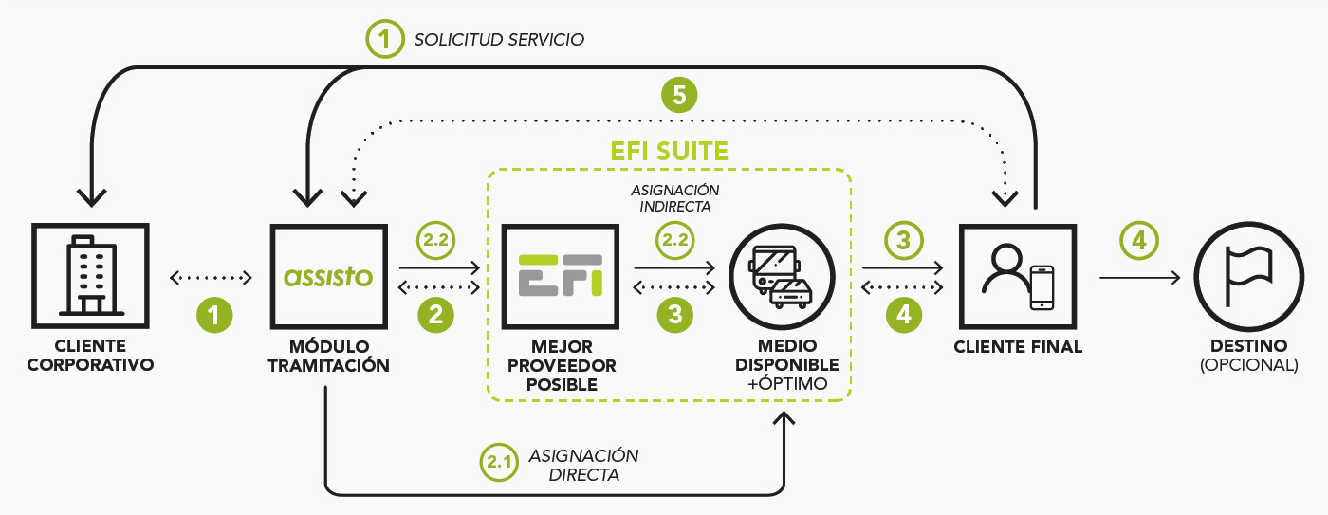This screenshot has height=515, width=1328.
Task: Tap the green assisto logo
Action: click(x=328, y=276)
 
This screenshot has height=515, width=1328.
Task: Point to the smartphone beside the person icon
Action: click(x=1042, y=286)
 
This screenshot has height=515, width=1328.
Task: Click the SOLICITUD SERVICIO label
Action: click(x=499, y=40)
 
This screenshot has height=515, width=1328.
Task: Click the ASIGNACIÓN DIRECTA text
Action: click(x=583, y=465)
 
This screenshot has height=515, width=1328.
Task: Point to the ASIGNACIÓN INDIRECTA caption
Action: click(x=675, y=197)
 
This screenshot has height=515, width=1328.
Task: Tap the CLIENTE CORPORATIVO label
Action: click(x=90, y=355)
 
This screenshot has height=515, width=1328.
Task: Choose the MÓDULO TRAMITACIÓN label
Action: click(x=328, y=355)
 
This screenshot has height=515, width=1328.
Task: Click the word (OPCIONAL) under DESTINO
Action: click(x=1248, y=363)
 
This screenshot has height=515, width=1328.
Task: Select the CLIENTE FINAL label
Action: click(x=1018, y=347)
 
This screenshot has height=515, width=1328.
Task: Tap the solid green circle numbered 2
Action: click(x=435, y=315)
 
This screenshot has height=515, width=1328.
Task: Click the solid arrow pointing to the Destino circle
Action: click(x=1138, y=277)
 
